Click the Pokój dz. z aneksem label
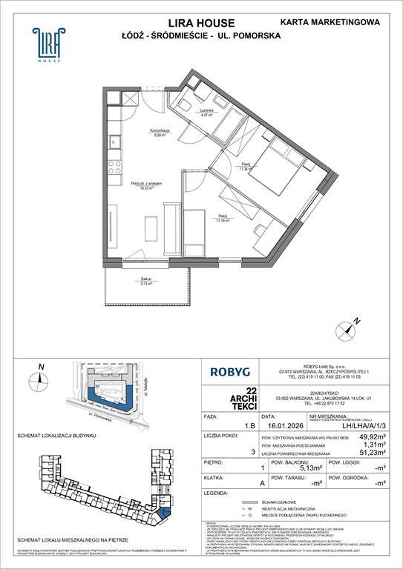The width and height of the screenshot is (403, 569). (146, 186)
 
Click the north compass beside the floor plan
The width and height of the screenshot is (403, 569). (347, 329)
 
